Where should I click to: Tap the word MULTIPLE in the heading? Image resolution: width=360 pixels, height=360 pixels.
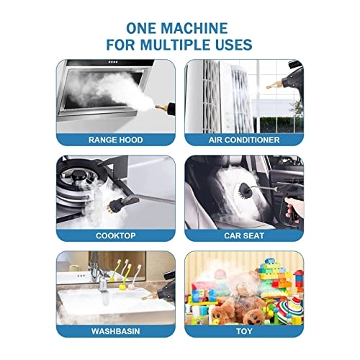pyautogui.click(x=176, y=45)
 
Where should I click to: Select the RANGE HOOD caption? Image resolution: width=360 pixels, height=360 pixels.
pyautogui.click(x=116, y=140)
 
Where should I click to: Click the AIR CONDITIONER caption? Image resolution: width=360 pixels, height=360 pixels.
pyautogui.click(x=244, y=140)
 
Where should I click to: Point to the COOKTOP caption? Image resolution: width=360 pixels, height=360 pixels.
pyautogui.click(x=116, y=235)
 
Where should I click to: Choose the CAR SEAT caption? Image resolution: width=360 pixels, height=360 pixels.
pyautogui.click(x=244, y=235)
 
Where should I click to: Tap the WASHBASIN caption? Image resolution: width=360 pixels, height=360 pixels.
pyautogui.click(x=116, y=331)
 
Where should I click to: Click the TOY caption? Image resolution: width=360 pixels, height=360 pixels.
pyautogui.click(x=244, y=331)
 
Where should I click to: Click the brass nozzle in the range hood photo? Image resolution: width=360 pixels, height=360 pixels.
pyautogui.click(x=161, y=107)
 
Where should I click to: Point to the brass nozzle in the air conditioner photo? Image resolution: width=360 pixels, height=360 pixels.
pyautogui.click(x=274, y=84)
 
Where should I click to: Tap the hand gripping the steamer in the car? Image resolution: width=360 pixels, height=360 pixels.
pyautogui.click(x=294, y=207)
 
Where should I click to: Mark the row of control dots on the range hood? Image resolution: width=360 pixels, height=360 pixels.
pyautogui.click(x=113, y=62)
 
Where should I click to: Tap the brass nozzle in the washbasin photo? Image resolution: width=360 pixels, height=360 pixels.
pyautogui.click(x=149, y=297)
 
